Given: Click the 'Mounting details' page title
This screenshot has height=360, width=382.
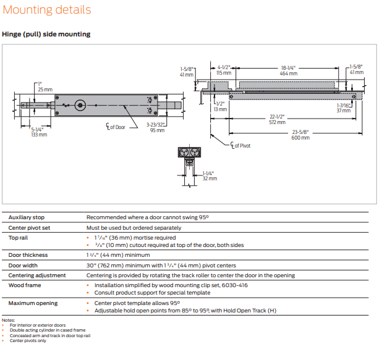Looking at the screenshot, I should click(x=47, y=10).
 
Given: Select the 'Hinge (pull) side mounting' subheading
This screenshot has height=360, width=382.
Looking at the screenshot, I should click(x=46, y=34).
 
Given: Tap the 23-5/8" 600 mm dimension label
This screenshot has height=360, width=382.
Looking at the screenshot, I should click(x=300, y=134).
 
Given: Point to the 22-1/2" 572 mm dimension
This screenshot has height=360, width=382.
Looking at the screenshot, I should click(x=276, y=119).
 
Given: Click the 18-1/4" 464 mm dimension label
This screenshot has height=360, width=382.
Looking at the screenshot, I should click(x=288, y=70).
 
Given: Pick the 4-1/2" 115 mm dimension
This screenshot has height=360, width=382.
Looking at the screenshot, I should click(x=224, y=70).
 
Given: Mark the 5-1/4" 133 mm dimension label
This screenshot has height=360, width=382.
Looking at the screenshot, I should click(x=38, y=132).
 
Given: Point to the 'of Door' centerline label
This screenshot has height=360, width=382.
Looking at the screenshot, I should click(x=116, y=127).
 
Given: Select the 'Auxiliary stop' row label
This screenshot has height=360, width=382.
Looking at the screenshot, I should click(x=27, y=217).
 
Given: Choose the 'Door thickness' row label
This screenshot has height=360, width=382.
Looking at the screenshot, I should click(x=28, y=254).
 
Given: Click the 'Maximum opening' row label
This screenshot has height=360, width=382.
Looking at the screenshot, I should click(x=33, y=303).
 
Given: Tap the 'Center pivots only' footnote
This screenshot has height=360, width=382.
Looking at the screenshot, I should click(x=28, y=340).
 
